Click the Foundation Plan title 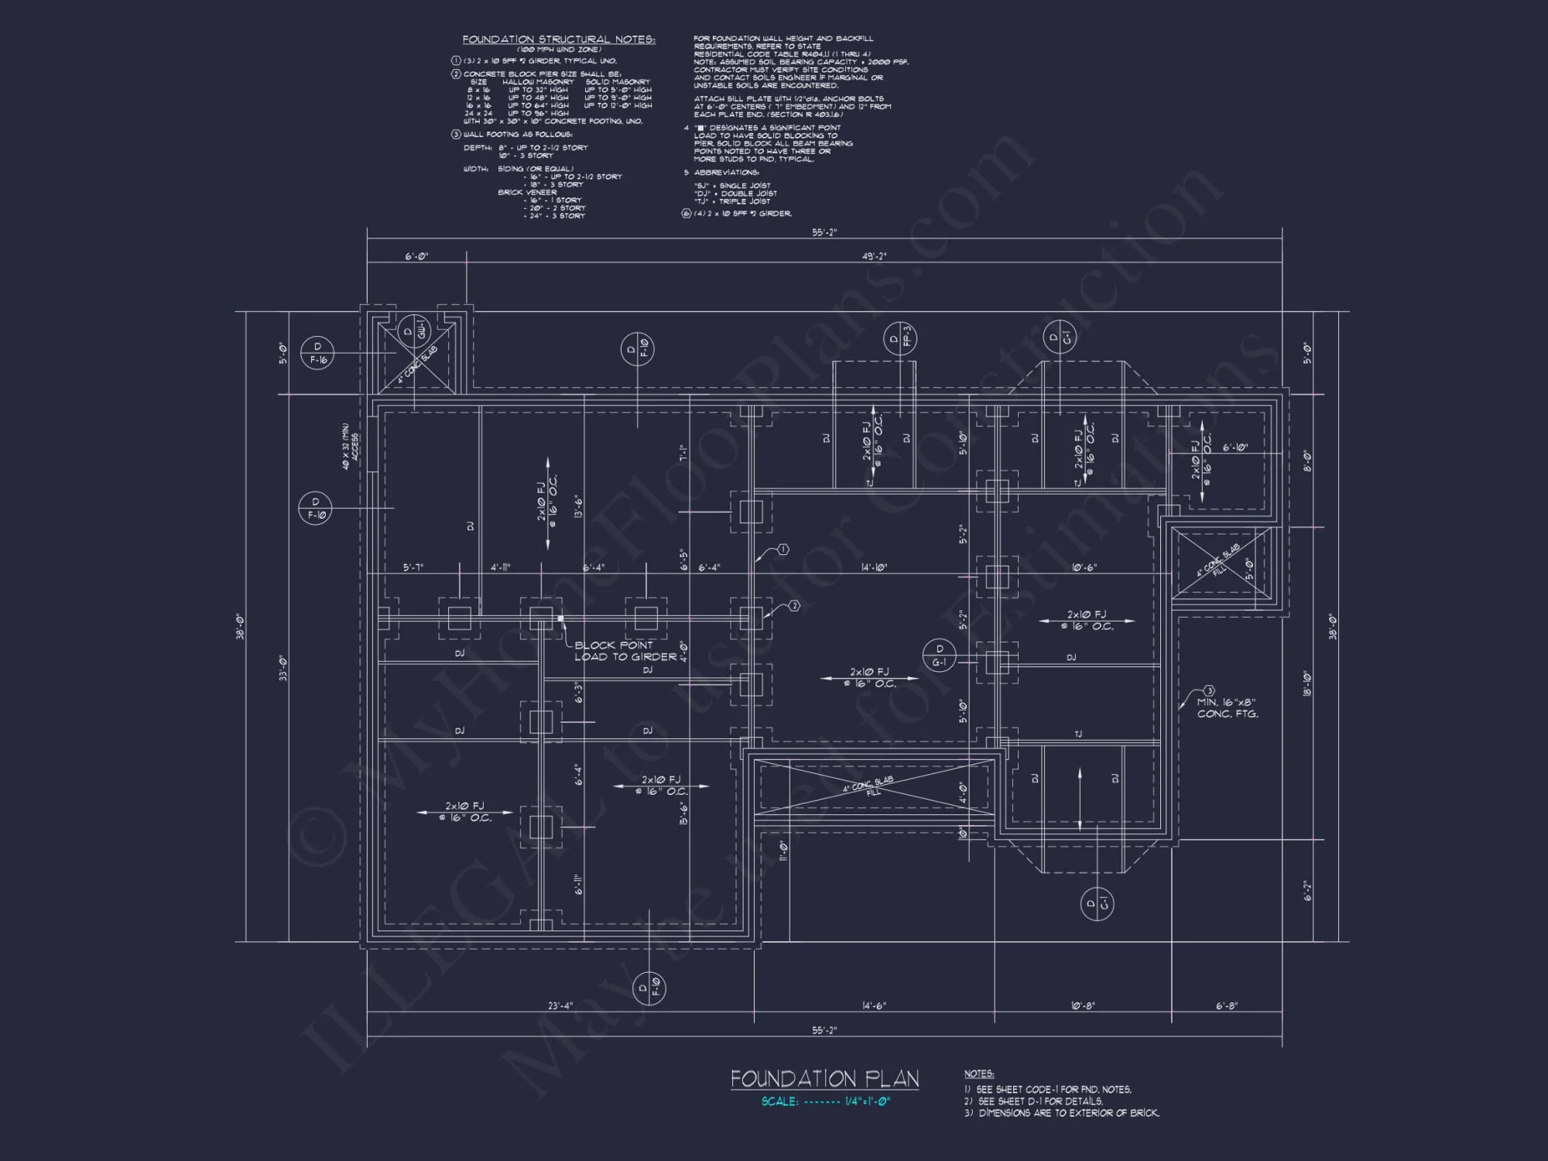coord(824,1079)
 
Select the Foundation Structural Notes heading coord(559,39)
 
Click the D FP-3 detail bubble coord(900,339)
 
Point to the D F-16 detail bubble coord(317,353)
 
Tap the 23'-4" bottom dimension coord(560,1005)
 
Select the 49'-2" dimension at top coord(874,256)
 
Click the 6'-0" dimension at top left coord(416,256)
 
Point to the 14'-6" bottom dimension coord(874,1005)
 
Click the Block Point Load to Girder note coord(625,651)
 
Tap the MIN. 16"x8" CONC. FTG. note coord(1227,708)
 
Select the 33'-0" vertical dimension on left coord(283,667)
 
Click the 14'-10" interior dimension coord(874,567)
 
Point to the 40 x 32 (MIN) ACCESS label coord(351,447)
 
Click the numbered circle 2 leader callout coord(793,606)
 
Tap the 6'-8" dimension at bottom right coord(1227,1005)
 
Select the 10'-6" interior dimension coord(1084,567)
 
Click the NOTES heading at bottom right coord(979,1074)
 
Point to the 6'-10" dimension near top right coord(1235,447)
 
